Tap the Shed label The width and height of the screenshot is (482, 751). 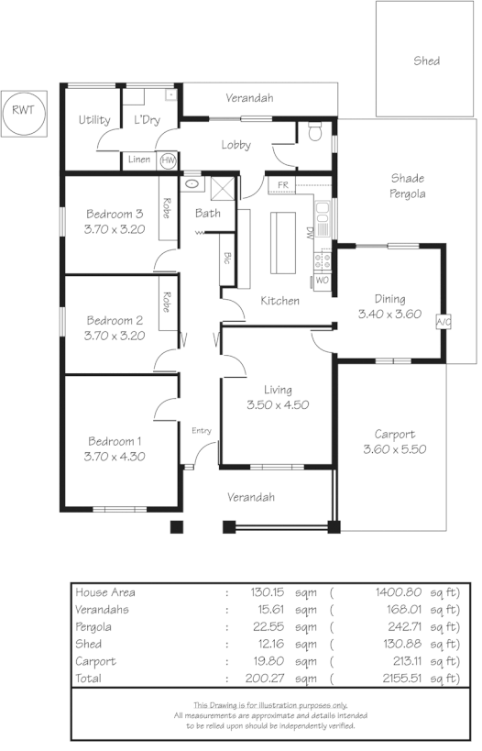(x=426, y=61)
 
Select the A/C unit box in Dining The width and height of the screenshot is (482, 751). (x=444, y=322)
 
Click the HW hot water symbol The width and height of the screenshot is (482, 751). (x=169, y=160)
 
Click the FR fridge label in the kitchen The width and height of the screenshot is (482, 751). (x=283, y=185)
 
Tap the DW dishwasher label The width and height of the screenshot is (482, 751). (x=311, y=233)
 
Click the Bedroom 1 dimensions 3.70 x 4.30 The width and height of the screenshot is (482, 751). (x=115, y=456)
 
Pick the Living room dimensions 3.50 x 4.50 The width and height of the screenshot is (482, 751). (x=278, y=404)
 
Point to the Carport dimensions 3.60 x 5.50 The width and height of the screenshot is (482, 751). (x=395, y=449)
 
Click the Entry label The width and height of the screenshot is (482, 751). (x=202, y=430)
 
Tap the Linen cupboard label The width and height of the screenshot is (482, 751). (x=139, y=160)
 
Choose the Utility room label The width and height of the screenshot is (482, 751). (x=94, y=120)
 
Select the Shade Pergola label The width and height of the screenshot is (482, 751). (x=407, y=186)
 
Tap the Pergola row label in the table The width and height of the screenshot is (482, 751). (x=93, y=627)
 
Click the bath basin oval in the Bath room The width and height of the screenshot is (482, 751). (x=191, y=183)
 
